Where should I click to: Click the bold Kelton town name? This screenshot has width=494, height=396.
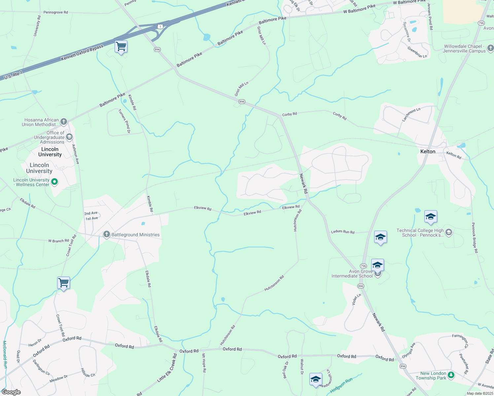point(428,151)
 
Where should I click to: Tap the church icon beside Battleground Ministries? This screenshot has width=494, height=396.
point(106,235)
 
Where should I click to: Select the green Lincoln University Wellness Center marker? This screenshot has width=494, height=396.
point(55,182)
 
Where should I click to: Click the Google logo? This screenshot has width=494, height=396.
point(11,392)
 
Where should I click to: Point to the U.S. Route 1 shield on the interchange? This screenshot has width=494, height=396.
point(160,26)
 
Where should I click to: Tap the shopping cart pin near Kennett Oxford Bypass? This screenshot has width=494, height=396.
point(121,47)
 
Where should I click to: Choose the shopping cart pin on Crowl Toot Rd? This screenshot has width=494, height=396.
point(63,283)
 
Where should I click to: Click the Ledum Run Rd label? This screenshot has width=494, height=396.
point(343,232)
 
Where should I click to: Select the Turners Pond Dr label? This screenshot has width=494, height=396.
point(124,121)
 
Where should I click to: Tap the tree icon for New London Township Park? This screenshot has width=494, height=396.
point(451,375)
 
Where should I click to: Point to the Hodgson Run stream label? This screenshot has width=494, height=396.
point(341,385)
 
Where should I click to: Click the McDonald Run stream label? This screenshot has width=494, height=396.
point(5,354)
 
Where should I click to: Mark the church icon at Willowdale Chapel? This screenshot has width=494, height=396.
point(490,49)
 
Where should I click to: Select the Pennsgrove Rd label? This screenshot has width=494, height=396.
point(55,12)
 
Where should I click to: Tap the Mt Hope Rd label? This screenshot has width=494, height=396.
point(204,363)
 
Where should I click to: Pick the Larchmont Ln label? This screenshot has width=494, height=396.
point(411,115)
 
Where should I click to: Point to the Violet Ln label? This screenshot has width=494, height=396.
point(356,300)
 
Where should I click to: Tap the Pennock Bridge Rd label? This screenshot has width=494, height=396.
point(475,238)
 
